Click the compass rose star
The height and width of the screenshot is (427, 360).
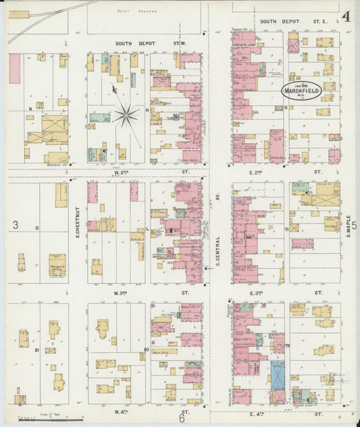click(125, 116)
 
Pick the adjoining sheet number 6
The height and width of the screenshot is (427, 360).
click(182, 419)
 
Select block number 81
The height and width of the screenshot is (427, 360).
click(36, 350)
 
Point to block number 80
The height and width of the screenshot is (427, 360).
click(146, 349)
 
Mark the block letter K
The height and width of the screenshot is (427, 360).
click(30, 108)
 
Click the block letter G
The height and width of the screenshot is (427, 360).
click(286, 107)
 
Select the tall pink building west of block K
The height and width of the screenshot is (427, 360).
click(14, 68)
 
